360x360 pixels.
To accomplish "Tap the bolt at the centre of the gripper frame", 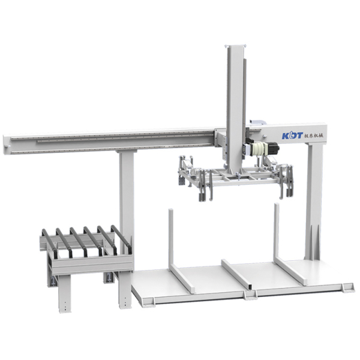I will click(236, 178).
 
